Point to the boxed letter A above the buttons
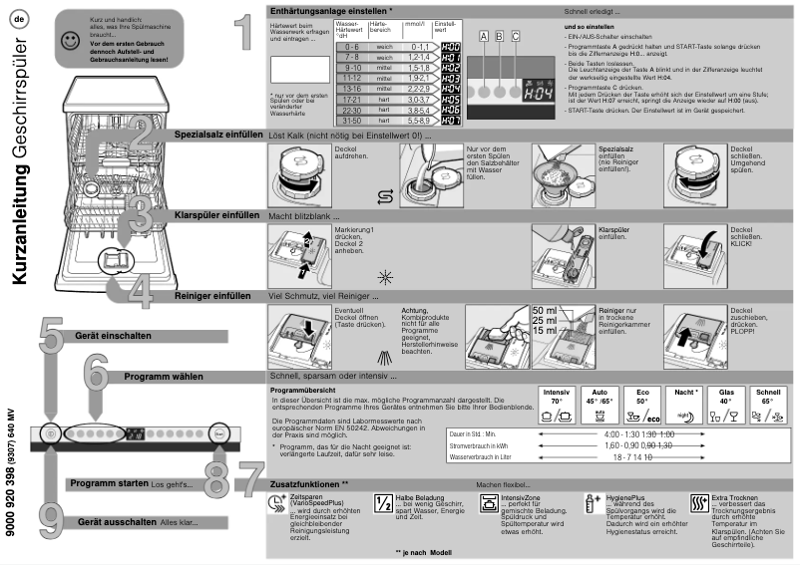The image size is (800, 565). tap(484, 35)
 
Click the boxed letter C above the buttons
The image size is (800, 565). tap(516, 35)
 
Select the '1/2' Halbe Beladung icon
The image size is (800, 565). tap(383, 503)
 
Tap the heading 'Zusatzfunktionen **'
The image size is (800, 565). tap(310, 483)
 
